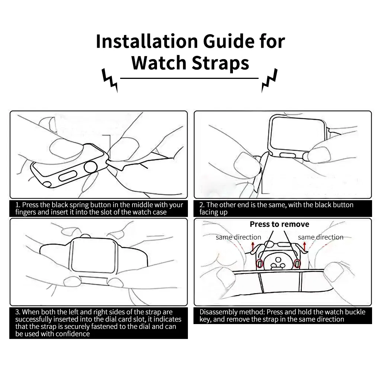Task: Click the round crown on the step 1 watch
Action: pyautogui.click(x=91, y=168)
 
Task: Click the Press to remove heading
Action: pyautogui.click(x=279, y=224)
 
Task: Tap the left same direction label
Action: pyautogui.click(x=238, y=237)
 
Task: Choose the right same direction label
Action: pyautogui.click(x=320, y=237)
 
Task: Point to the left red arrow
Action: pyautogui.click(x=252, y=246)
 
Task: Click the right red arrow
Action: pyautogui.click(x=304, y=246)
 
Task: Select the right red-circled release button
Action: pyautogui.click(x=297, y=264)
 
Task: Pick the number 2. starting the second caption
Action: pyautogui.click(x=202, y=205)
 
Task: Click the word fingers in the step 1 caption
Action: pyautogui.click(x=26, y=212)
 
